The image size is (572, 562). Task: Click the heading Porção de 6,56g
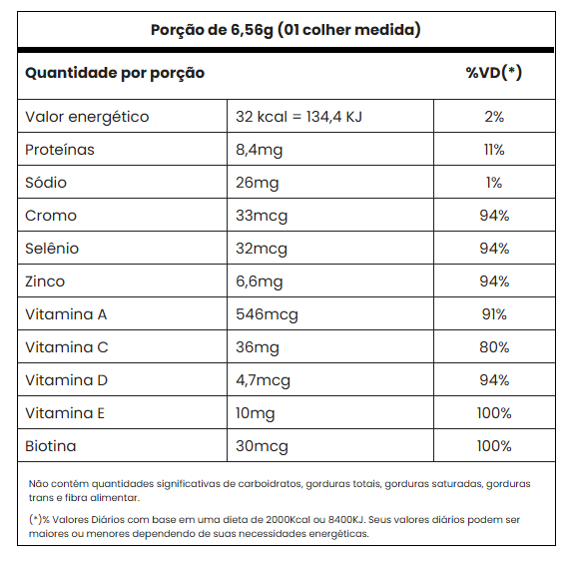point(212,30)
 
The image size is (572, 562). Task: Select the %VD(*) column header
point(494,73)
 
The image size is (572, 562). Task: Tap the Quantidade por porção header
point(115,73)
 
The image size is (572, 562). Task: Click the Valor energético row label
point(87,117)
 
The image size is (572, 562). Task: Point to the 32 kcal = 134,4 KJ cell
point(298,117)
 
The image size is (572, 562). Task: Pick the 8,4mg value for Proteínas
point(259,150)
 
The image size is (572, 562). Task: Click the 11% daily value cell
point(494,150)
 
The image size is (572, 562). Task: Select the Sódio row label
point(46,183)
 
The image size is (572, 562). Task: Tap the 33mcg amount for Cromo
point(262,216)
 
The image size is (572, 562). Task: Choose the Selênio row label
point(52,249)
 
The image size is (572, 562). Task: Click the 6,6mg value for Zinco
point(259,281)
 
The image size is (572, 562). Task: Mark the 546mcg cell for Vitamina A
point(267,314)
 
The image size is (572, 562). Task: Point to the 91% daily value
point(494,314)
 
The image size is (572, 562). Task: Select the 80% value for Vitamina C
point(494,347)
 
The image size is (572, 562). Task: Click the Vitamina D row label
point(66,380)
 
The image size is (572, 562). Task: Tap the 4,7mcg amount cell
point(263,380)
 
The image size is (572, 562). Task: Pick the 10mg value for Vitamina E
point(255,413)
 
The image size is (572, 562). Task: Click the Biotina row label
point(50,446)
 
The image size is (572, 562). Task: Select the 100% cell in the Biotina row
point(494,446)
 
